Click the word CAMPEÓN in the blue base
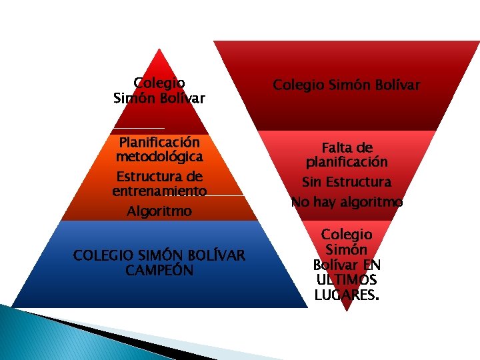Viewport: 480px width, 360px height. coord(159,270)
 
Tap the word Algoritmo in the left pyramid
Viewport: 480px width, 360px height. coord(159,211)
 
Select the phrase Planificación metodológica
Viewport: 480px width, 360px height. coord(159,149)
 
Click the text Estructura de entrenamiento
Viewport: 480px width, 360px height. coord(159,184)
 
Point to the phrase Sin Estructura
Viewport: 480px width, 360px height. coord(347,182)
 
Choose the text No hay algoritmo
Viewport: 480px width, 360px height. coord(347,201)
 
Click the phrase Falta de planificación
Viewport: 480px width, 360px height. coord(347,154)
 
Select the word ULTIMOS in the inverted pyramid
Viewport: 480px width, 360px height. coord(347,279)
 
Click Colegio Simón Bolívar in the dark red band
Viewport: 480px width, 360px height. coord(347,85)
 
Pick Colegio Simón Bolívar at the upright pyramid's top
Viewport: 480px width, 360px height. coord(159,91)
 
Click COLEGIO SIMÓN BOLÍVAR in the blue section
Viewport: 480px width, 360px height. coord(159,255)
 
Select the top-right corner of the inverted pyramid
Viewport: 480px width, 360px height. coord(478,41)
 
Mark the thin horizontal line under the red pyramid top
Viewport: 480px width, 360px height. coord(139,127)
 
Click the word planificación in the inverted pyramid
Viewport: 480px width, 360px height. coord(347,161)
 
